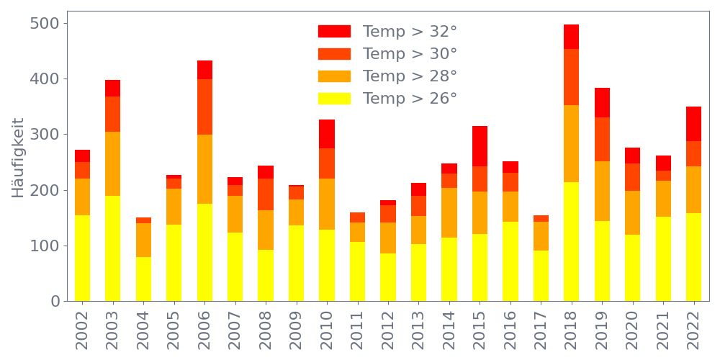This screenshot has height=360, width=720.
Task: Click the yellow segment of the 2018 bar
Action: tap(572, 241)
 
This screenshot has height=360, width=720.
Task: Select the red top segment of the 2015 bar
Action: tap(480, 146)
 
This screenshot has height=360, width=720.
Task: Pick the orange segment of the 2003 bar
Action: tap(113, 164)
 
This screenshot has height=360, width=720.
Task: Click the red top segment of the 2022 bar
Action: tap(694, 124)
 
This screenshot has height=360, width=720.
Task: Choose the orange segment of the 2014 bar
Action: tap(449, 212)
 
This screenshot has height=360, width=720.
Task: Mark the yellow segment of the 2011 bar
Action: tap(358, 271)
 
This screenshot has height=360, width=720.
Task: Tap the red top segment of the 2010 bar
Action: tap(327, 134)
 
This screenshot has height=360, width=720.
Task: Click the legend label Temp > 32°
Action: tap(410, 32)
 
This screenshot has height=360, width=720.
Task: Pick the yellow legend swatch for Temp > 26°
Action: tap(334, 98)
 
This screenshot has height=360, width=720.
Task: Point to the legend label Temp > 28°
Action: tap(410, 76)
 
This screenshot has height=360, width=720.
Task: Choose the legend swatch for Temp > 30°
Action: tap(334, 54)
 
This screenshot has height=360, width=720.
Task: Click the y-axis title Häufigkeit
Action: tap(19, 158)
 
